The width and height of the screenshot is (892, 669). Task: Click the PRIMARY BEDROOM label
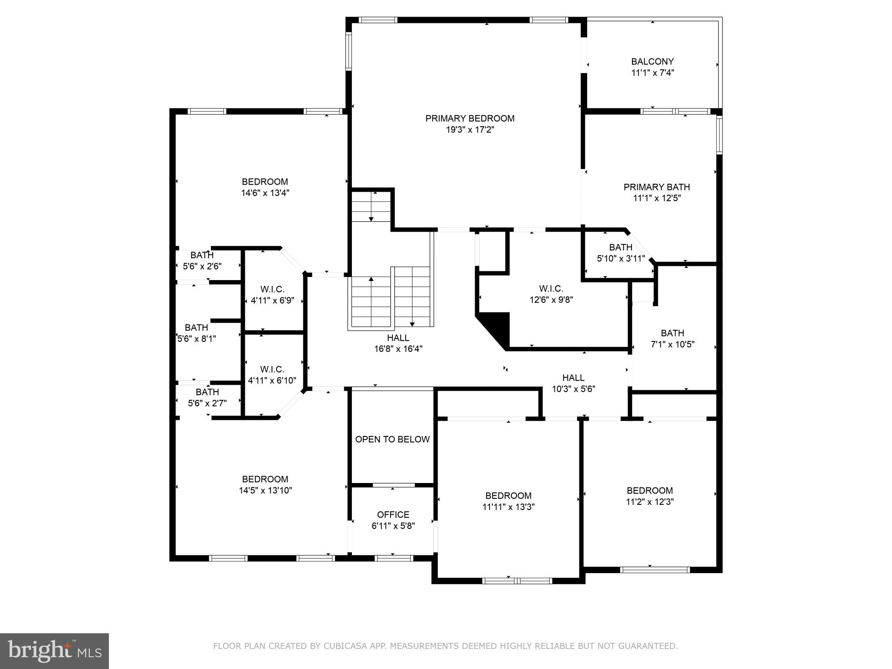coord(470,118)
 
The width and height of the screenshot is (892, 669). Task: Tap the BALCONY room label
coord(652,62)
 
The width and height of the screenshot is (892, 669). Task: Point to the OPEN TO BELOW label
coord(392,439)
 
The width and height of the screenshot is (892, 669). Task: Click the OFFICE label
coord(393,515)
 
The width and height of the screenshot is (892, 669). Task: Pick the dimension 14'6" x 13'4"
coord(265,193)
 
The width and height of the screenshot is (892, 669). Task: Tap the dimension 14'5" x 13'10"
coord(265,490)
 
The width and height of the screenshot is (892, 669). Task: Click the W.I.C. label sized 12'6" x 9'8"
coord(551,289)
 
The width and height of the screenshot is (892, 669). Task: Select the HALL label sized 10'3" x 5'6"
coord(573,378)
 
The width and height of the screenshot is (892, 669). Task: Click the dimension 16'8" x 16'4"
coord(398,349)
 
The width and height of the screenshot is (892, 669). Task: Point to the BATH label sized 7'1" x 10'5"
coord(672,333)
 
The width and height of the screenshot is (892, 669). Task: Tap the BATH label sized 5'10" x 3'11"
coord(621,247)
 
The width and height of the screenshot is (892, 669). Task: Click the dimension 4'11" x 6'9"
coord(273,301)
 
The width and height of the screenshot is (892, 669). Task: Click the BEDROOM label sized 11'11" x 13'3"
coord(508,496)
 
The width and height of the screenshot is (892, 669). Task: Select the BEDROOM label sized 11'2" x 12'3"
coord(650,490)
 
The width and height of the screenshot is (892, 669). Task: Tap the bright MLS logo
coord(54,651)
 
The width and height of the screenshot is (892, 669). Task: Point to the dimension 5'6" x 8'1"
coord(196,339)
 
